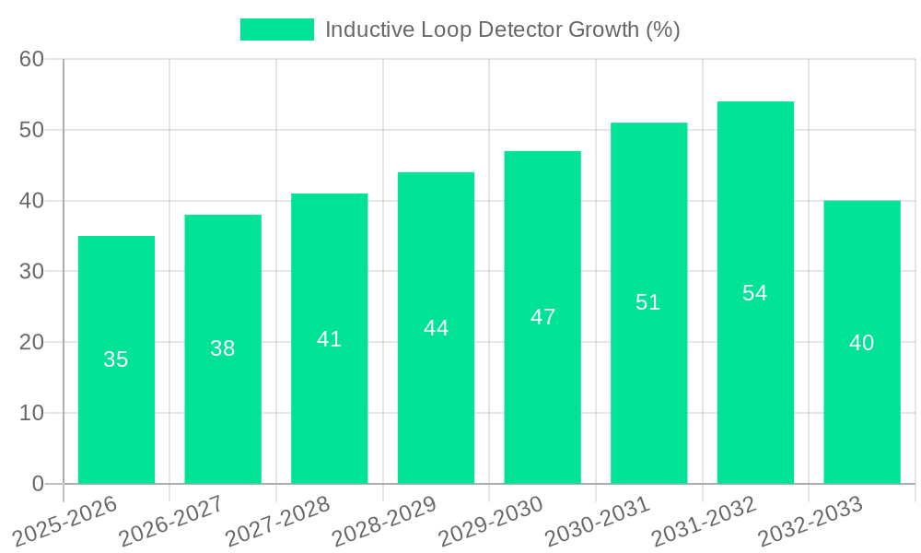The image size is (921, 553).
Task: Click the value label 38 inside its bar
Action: coord(223,348)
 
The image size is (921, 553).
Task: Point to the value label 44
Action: coord(436,328)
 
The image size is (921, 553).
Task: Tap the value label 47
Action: coord(542,317)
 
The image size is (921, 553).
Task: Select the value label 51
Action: coord(648,302)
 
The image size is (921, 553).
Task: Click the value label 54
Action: coord(755,293)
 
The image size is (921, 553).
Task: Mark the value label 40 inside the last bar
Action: coord(861,343)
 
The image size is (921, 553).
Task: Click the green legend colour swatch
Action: coord(276,29)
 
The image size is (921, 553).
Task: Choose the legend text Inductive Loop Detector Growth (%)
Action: coord(502,29)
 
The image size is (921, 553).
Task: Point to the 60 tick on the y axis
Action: coord(32,59)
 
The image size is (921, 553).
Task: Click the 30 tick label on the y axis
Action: coord(32,271)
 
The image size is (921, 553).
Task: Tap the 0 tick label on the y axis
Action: coord(38,484)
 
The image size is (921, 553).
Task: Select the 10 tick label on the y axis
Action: coord(32,413)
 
